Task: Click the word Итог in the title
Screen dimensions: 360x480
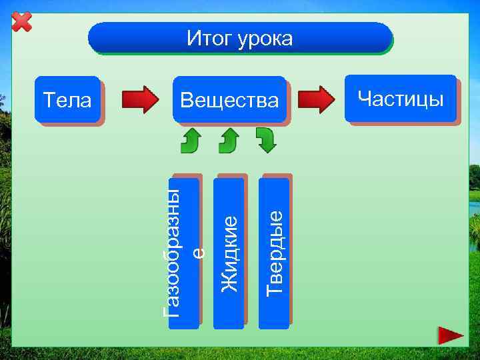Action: click(208, 39)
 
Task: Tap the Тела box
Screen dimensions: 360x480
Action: click(67, 101)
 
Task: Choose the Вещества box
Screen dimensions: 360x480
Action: click(229, 101)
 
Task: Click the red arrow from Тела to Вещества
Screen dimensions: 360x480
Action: click(139, 99)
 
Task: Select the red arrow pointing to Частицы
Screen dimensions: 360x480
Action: click(316, 99)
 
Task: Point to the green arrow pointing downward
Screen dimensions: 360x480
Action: click(266, 140)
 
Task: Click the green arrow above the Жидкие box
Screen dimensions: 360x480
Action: click(229, 140)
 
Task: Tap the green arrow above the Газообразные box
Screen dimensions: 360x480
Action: click(192, 140)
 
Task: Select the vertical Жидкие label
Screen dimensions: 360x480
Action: click(229, 253)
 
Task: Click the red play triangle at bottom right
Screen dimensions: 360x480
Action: click(451, 335)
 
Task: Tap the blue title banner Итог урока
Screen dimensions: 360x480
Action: click(240, 39)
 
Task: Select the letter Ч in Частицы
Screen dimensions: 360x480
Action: click(364, 99)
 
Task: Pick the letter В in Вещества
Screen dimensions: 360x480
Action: click(187, 101)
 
